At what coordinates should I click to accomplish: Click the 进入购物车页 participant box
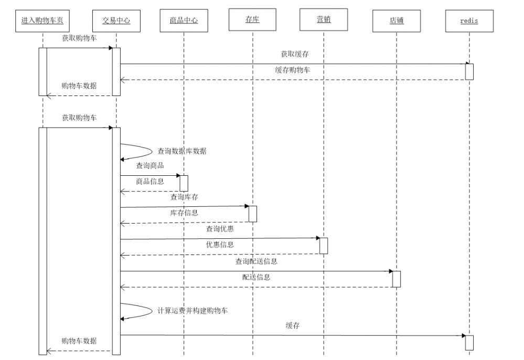pyautogui.click(x=42, y=21)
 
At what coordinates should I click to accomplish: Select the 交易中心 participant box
pyautogui.click(x=116, y=21)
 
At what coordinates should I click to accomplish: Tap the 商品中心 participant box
pyautogui.click(x=184, y=21)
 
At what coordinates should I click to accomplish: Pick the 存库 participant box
pyautogui.click(x=252, y=20)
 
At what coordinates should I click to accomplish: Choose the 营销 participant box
pyautogui.click(x=324, y=20)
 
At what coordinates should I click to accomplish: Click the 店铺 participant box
pyautogui.click(x=397, y=21)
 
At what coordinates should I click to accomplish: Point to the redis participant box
pyautogui.click(x=469, y=21)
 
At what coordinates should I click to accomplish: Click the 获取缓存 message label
pyautogui.click(x=295, y=54)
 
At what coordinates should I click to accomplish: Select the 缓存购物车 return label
pyautogui.click(x=292, y=70)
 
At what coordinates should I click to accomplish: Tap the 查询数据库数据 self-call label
pyautogui.click(x=182, y=151)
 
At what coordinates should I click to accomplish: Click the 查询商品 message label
pyautogui.click(x=150, y=166)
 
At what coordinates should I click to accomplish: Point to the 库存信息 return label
pyautogui.click(x=184, y=213)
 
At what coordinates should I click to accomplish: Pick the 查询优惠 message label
pyautogui.click(x=220, y=229)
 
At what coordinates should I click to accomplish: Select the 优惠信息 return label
pyautogui.click(x=220, y=245)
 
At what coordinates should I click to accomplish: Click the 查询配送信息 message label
pyautogui.click(x=256, y=261)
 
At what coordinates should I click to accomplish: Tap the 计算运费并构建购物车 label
pyautogui.click(x=193, y=311)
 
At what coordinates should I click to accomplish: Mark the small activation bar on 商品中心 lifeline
pyautogui.click(x=184, y=183)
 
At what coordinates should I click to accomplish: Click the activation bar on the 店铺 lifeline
pyautogui.click(x=397, y=279)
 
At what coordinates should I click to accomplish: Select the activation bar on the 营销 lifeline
pyautogui.click(x=324, y=246)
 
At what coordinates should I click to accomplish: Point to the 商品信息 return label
pyautogui.click(x=150, y=182)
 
